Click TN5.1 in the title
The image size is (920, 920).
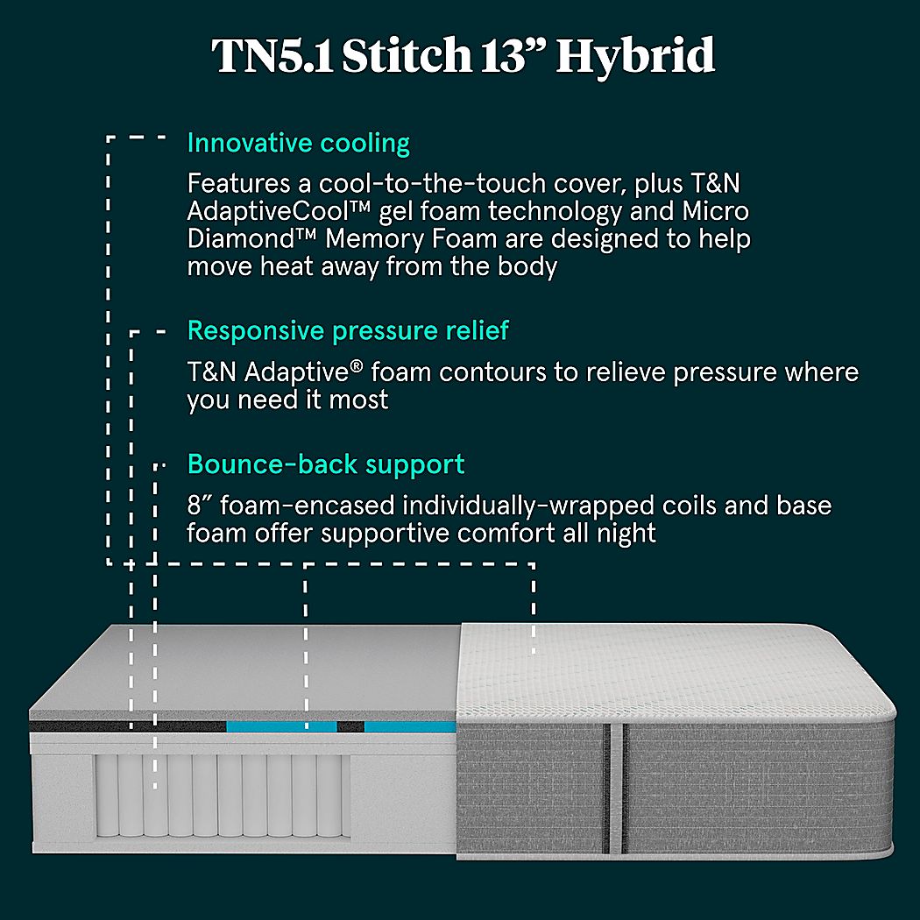273,56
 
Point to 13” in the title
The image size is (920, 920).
512,56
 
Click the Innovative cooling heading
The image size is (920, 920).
298,143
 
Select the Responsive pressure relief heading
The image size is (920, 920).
348,331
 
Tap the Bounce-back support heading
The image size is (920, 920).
326,464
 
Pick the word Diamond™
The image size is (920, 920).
235,239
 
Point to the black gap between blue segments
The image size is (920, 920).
350,726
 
